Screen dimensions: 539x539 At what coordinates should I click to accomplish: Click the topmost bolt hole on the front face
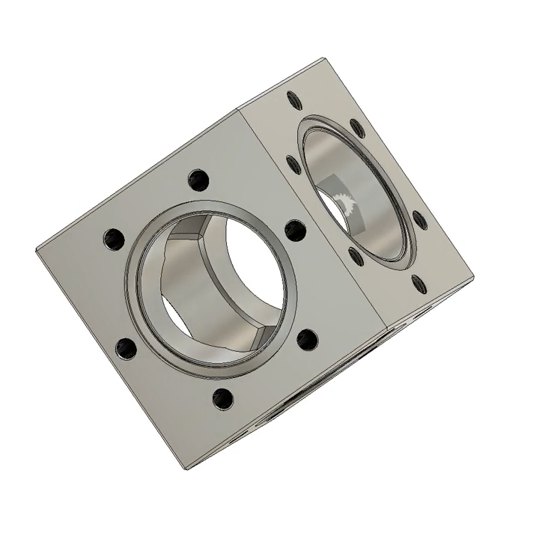(198, 180)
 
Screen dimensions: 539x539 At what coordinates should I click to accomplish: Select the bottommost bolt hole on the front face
(222, 398)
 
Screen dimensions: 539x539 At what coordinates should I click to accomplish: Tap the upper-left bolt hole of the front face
(113, 240)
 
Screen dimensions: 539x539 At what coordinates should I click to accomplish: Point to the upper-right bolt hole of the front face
(295, 229)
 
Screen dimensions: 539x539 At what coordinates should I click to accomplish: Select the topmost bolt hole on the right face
(292, 97)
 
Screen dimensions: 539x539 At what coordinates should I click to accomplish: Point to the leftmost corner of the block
(36, 249)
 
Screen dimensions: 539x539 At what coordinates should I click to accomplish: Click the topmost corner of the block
(323, 57)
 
